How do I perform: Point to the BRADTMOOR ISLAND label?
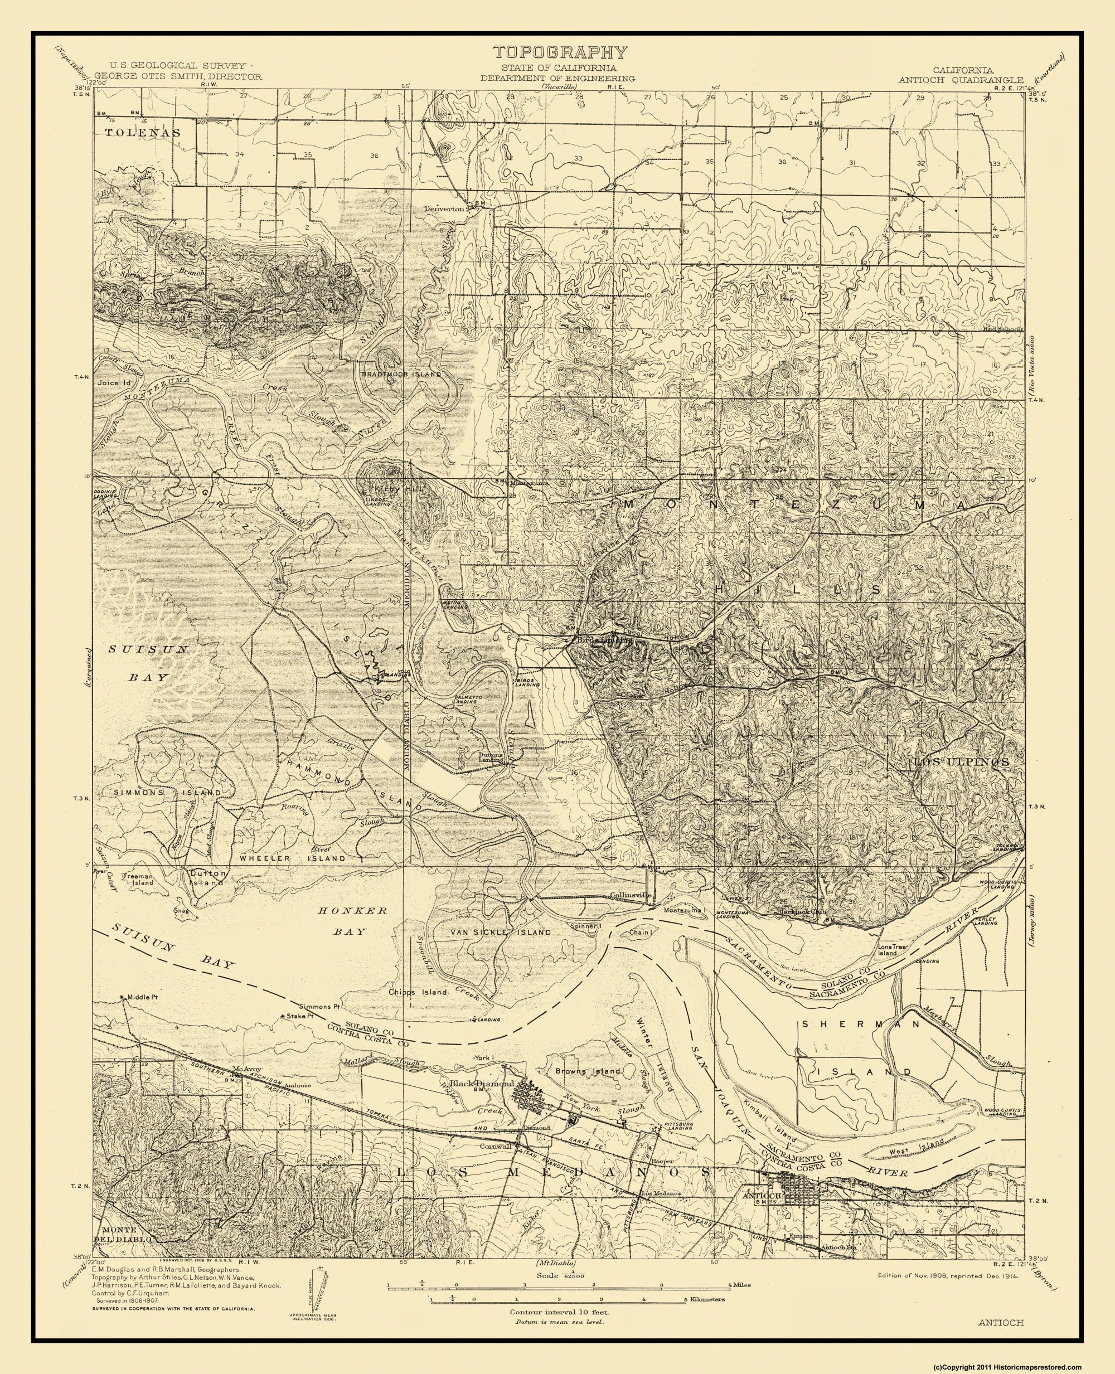click(401, 373)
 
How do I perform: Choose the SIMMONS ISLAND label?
click(168, 793)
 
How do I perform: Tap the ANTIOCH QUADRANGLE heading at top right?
click(959, 79)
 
